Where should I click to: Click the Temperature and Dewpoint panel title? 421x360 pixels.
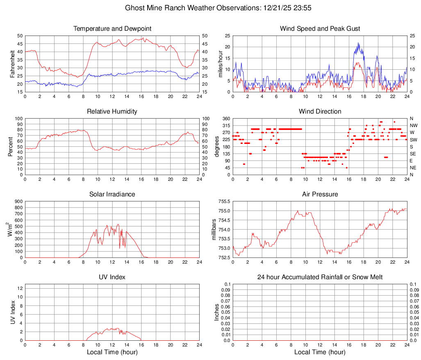coord(112,29)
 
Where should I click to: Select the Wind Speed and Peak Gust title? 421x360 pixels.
coord(320,29)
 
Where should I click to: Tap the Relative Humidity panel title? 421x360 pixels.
coord(112,112)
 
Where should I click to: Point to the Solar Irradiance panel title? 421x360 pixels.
coord(112,194)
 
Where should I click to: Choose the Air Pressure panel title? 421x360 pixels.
coord(320,194)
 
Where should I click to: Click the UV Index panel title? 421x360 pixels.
coord(112,277)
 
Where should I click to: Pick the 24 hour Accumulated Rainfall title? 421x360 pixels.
coord(320,277)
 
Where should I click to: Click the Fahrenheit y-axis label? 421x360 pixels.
coord(12,64)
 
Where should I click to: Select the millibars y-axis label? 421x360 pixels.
coord(214,229)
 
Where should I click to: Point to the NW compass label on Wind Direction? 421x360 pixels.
coord(414,125)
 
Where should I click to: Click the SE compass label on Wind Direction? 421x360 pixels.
coord(413,154)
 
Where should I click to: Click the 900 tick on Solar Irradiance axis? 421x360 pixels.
coord(18,202)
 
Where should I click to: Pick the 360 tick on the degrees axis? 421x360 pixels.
coord(225,118)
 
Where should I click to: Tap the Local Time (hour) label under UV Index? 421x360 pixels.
coord(112,352)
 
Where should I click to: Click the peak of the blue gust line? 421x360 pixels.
coord(358,43)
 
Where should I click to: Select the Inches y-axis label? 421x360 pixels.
coord(217,312)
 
